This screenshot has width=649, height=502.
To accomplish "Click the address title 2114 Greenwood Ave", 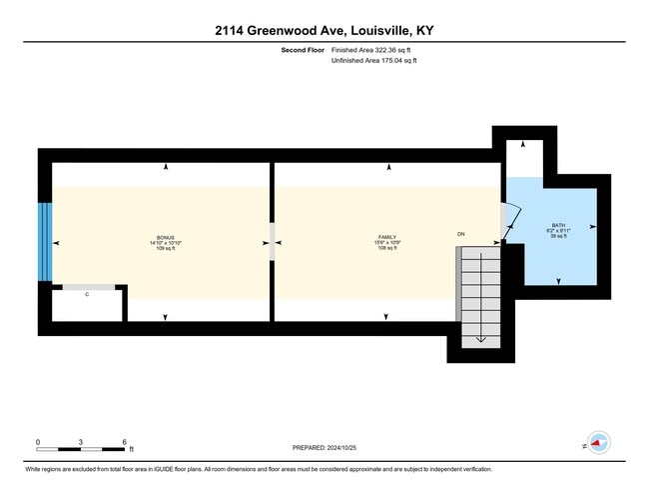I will (324, 31).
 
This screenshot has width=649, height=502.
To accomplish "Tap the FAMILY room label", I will (387, 237).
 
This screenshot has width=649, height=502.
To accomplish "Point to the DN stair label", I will (461, 234).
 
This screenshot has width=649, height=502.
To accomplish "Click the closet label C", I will (87, 294).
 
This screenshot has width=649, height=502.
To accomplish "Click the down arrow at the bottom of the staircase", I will (480, 338).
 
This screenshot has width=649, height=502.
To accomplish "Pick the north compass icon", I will (597, 441).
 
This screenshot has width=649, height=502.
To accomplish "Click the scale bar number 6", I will (124, 441).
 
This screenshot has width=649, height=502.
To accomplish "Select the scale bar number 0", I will (38, 441).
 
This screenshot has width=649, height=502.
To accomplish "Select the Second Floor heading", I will (304, 49).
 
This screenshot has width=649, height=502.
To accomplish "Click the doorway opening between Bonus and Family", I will (272, 242).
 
